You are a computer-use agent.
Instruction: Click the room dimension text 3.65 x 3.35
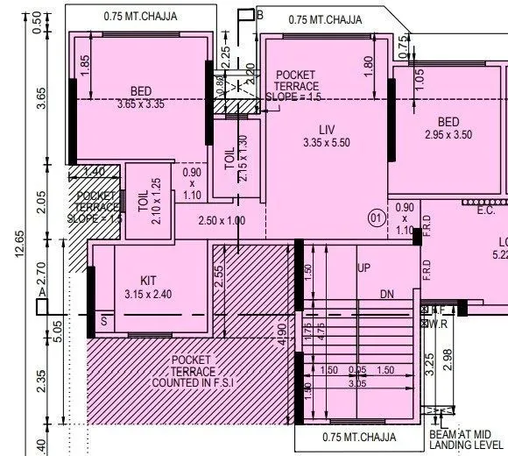click(141, 104)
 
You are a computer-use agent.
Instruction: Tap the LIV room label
click(327, 130)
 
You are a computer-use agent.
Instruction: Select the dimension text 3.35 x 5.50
click(326, 143)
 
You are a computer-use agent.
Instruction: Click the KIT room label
click(148, 281)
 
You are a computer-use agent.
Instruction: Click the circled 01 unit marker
click(376, 216)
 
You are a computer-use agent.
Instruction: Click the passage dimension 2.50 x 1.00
click(221, 221)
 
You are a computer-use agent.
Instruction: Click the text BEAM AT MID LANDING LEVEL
click(465, 440)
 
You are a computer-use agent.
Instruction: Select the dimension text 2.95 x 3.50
click(448, 135)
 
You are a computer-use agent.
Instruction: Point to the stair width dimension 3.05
click(357, 383)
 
